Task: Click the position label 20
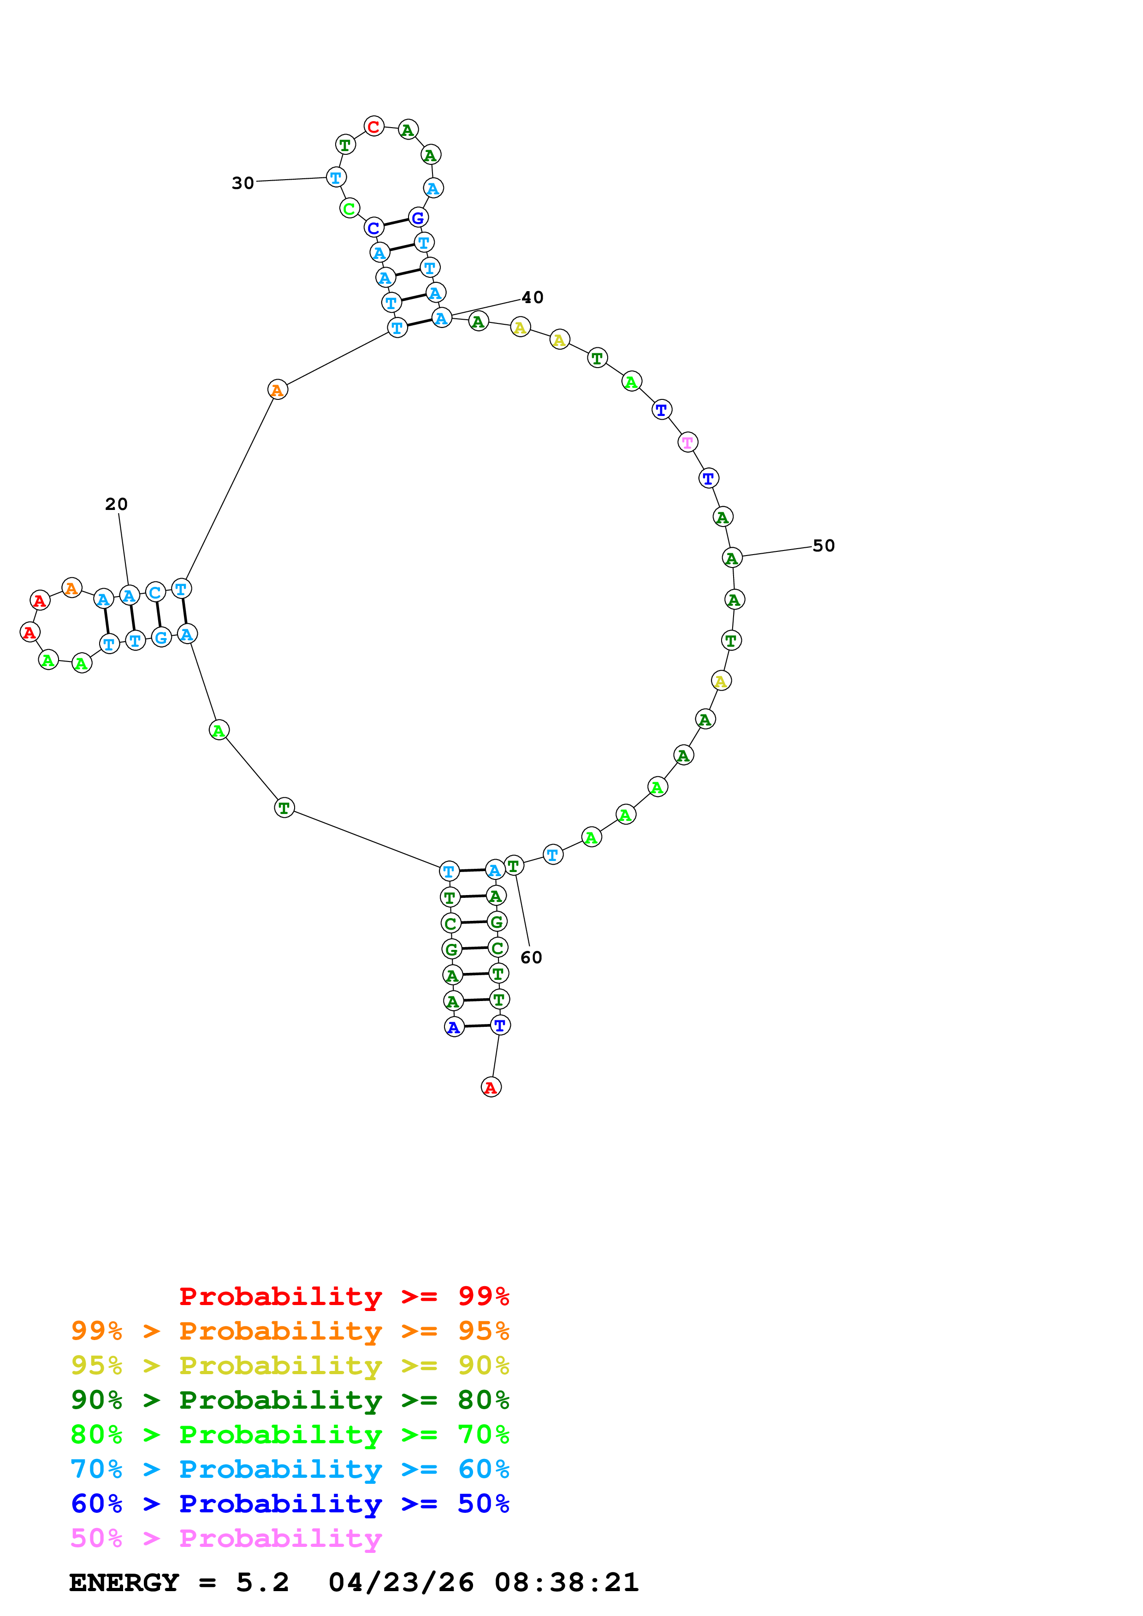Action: pyautogui.click(x=116, y=504)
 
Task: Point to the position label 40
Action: pyautogui.click(x=533, y=297)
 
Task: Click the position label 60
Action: pyautogui.click(x=531, y=957)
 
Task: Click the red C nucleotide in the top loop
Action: pyautogui.click(x=374, y=127)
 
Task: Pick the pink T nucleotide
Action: pyautogui.click(x=687, y=442)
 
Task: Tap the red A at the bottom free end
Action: pyautogui.click(x=491, y=1088)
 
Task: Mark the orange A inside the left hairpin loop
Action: pyautogui.click(x=71, y=588)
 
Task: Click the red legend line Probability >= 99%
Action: pyautogui.click(x=343, y=1296)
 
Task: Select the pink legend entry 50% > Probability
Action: pyautogui.click(x=226, y=1539)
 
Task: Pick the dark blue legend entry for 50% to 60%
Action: pyautogui.click(x=290, y=1504)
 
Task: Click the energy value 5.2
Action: pyautogui.click(x=262, y=1583)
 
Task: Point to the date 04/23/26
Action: pyautogui.click(x=401, y=1583)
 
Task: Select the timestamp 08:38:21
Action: pyautogui.click(x=566, y=1583)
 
